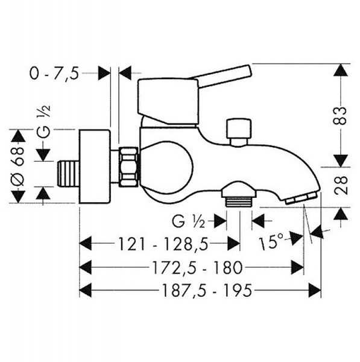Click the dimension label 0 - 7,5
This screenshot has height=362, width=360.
(x=54, y=74)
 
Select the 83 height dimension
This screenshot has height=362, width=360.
(x=341, y=115)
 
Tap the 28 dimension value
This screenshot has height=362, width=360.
(x=341, y=185)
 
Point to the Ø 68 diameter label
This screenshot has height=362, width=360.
(x=17, y=167)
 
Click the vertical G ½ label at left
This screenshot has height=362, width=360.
(x=43, y=121)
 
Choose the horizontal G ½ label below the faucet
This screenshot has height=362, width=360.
(x=188, y=221)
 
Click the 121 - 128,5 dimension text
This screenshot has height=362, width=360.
(x=163, y=244)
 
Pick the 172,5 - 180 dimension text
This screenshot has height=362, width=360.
(x=197, y=267)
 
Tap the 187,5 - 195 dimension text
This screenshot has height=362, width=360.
(x=207, y=290)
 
